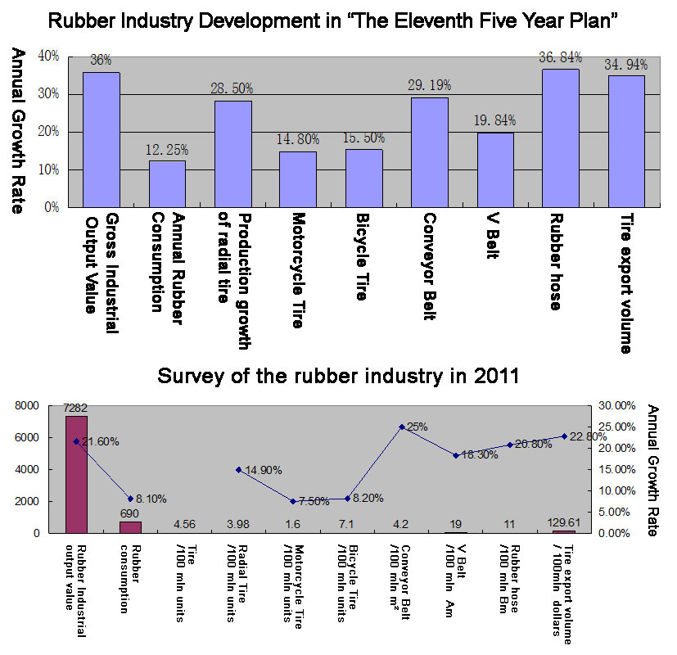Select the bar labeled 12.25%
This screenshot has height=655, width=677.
tap(167, 183)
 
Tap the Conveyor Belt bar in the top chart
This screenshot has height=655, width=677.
tap(429, 152)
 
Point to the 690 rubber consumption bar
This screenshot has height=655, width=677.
tap(130, 526)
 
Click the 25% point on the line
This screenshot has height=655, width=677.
tap(402, 427)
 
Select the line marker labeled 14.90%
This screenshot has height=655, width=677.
tap(238, 470)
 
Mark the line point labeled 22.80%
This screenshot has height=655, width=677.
tap(564, 436)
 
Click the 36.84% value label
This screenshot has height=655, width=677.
tap(560, 56)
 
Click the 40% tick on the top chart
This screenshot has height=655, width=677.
tap(48, 56)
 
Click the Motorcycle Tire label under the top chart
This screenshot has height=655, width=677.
tap(297, 271)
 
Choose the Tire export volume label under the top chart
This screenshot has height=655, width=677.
tap(625, 283)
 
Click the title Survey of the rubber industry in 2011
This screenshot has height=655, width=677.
tap(338, 377)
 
